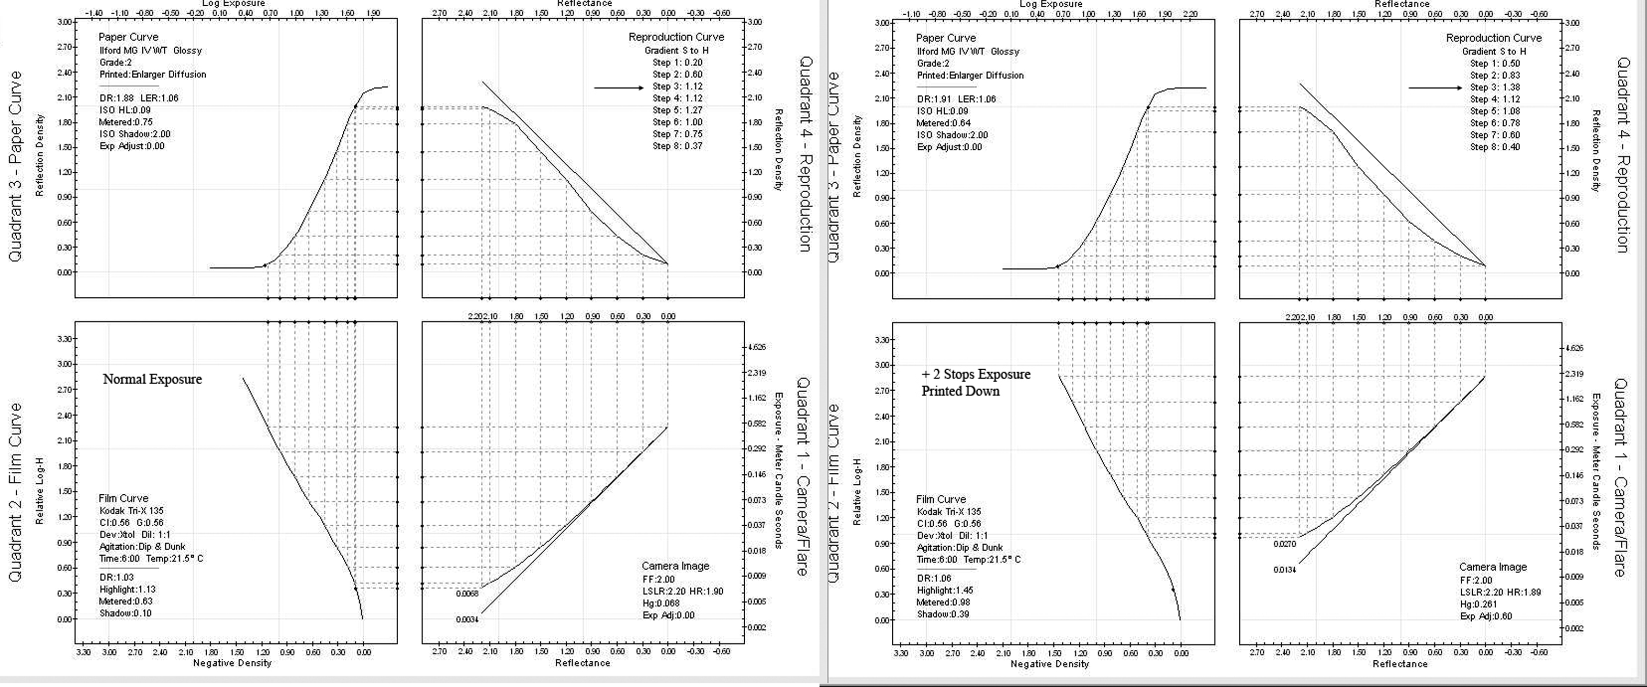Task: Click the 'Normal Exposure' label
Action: click(x=152, y=379)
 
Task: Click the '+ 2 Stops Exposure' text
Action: click(x=976, y=375)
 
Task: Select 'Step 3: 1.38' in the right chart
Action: click(x=1494, y=87)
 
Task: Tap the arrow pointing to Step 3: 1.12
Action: click(x=618, y=88)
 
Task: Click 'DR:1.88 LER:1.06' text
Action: click(x=139, y=98)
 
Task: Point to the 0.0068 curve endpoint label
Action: click(x=467, y=593)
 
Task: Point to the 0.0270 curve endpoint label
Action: click(x=1285, y=544)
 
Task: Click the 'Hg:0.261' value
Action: click(x=1478, y=604)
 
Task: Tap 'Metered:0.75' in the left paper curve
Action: click(x=126, y=122)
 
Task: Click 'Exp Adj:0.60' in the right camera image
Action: click(x=1486, y=616)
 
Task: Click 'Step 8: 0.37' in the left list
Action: click(x=677, y=146)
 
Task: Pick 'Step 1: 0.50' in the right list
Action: click(x=1494, y=63)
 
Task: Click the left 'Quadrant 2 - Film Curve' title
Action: click(x=15, y=492)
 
